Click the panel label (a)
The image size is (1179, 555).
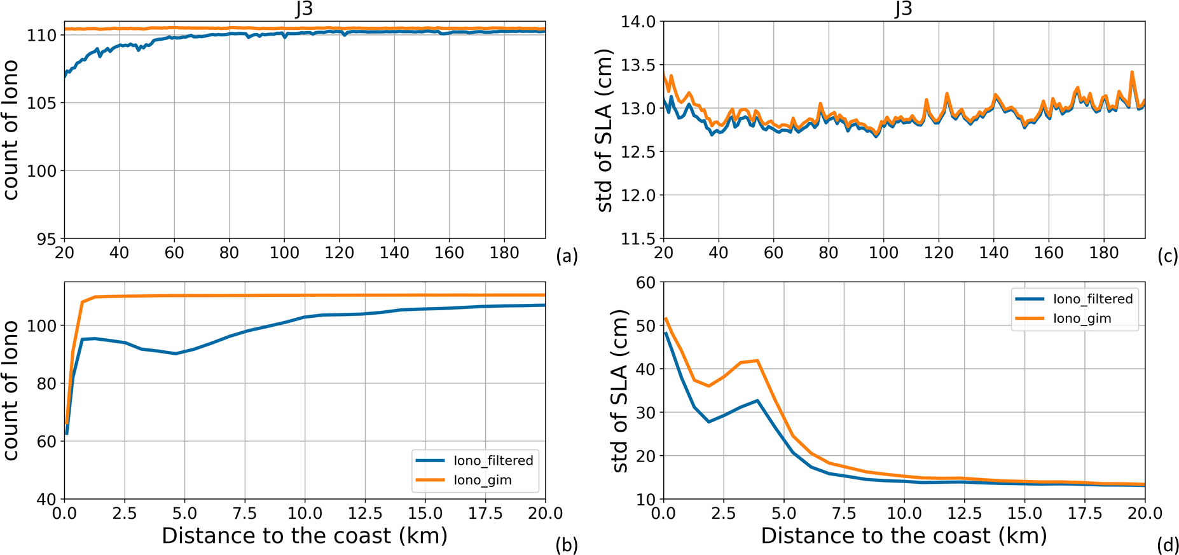point(566,256)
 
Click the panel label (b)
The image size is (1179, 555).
point(566,545)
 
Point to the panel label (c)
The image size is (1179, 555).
point(1168,256)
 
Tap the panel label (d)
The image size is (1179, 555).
point(1168,545)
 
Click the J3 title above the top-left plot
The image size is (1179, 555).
point(304,9)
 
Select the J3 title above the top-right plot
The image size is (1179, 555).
point(903,9)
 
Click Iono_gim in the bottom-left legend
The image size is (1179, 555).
point(482,480)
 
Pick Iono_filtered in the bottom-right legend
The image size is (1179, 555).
point(1093,299)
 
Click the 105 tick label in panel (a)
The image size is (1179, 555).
point(41,103)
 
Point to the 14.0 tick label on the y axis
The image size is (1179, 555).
point(638,22)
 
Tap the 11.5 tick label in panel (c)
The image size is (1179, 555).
point(638,239)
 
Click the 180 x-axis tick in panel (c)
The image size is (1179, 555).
point(1103,253)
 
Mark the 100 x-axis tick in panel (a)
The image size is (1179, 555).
point(284,253)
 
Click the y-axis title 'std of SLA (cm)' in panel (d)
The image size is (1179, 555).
point(620,390)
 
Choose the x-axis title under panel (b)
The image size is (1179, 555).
point(305,536)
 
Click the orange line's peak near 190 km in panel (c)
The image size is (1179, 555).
point(1132,72)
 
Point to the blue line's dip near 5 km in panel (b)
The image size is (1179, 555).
point(176,353)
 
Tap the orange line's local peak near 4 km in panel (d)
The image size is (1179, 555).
point(757,360)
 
